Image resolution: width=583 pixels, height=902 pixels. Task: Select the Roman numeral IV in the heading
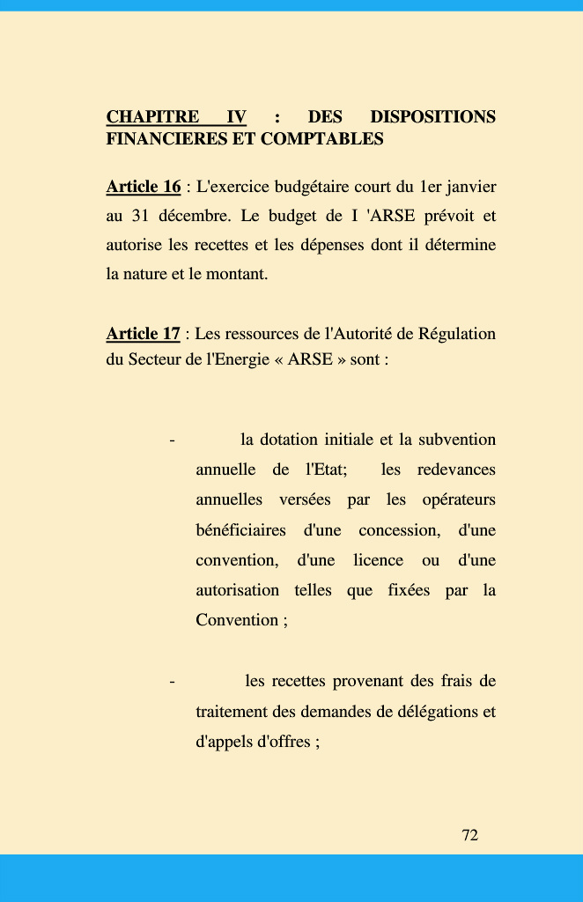tap(236, 117)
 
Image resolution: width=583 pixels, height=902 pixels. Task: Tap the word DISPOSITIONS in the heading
tap(432, 117)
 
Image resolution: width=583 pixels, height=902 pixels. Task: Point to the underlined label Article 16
tap(144, 187)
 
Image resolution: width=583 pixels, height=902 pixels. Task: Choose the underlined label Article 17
tap(144, 334)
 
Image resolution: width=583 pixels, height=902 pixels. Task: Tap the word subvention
tap(458, 440)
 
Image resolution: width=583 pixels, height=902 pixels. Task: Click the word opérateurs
tap(459, 499)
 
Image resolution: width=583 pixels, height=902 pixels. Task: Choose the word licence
tap(379, 560)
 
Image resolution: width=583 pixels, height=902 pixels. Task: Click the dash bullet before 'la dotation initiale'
tap(172, 440)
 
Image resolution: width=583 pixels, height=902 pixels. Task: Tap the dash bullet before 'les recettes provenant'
tap(172, 682)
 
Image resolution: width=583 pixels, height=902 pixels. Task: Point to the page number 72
tap(470, 835)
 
